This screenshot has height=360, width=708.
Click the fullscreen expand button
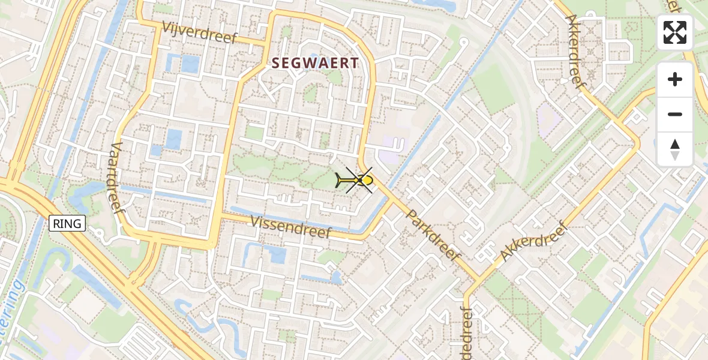pos(675,32)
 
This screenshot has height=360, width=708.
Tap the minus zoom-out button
pos(675,114)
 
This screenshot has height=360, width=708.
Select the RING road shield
pos(67,224)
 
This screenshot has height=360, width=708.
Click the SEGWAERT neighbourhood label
pos(315,63)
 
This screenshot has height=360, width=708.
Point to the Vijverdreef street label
pos(200,32)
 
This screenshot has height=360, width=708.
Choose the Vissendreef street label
pos(290,227)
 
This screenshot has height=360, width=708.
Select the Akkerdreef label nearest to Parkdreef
pos(533,241)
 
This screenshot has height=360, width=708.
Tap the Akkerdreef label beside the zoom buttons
pos(575,52)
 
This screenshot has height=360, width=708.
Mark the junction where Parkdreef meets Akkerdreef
pos(479,280)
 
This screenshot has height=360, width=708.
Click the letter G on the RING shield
pos(79,224)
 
